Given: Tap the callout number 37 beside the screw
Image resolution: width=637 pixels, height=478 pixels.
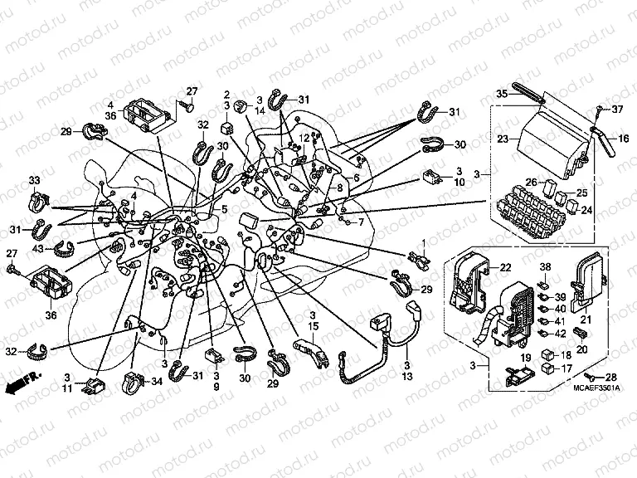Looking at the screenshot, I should tap(617, 110).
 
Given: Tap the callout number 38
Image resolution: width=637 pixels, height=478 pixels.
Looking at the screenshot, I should tap(545, 266).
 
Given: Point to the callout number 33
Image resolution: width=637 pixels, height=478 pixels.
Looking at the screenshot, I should tap(34, 180).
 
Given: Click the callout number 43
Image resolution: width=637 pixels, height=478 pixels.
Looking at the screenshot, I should tap(39, 249).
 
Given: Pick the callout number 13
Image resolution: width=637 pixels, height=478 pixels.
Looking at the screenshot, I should tap(408, 376).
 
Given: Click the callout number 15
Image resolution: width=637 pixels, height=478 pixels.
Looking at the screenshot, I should tap(314, 329).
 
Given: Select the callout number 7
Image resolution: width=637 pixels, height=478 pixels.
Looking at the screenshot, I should tap(361, 222).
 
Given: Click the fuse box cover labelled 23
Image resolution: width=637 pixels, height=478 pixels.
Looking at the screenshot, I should tap(552, 141).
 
